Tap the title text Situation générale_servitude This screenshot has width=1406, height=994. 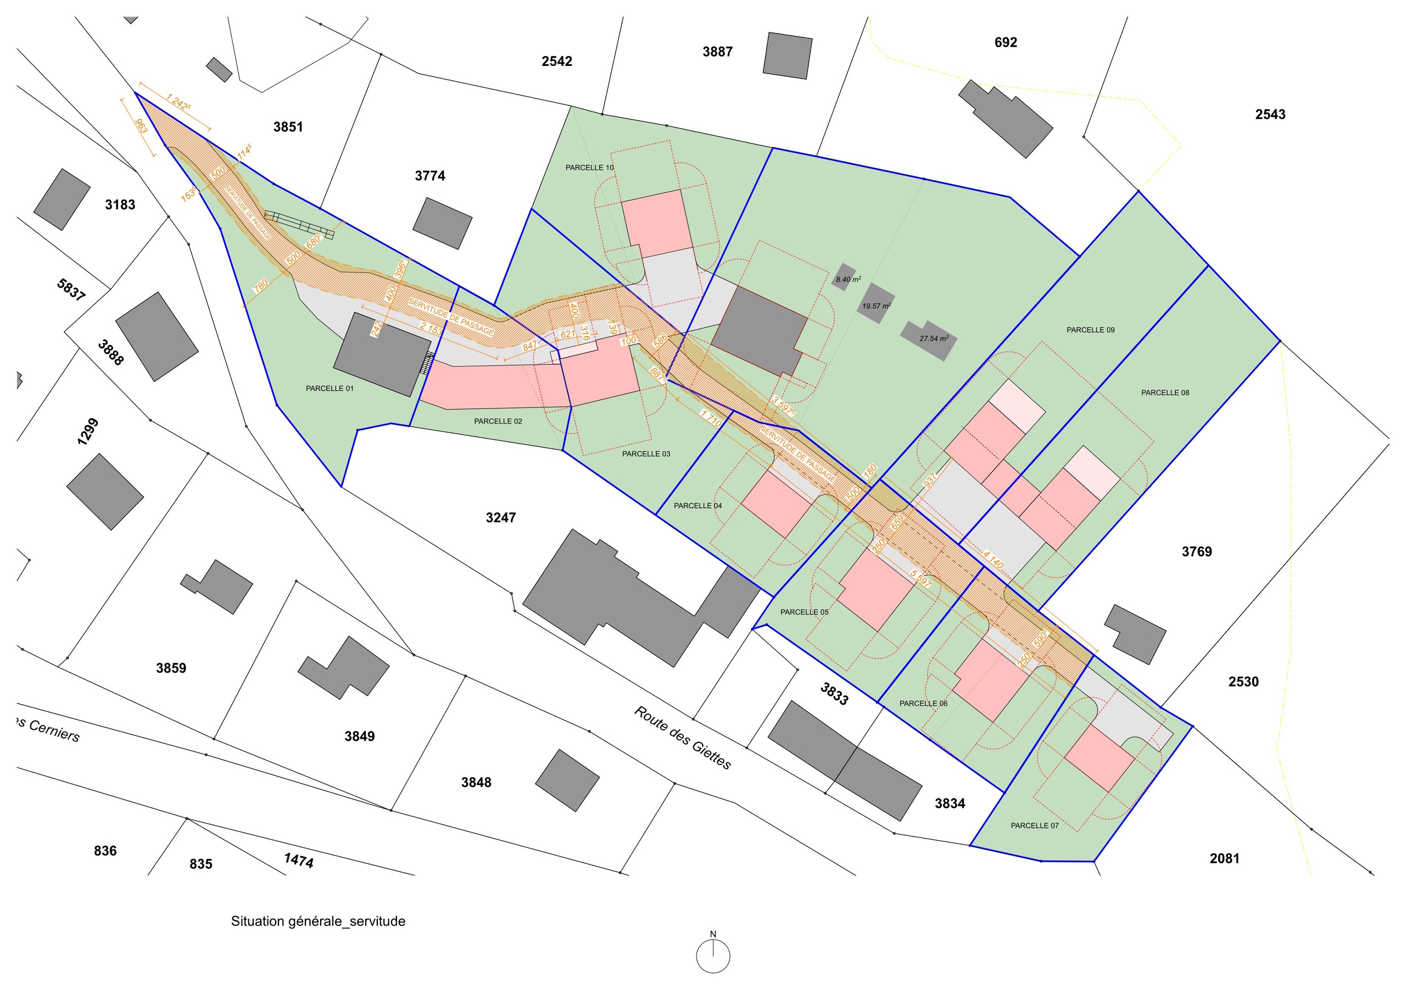pyautogui.click(x=318, y=921)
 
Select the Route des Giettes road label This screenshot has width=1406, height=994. pyautogui.click(x=682, y=738)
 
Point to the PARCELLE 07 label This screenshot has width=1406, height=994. pyautogui.click(x=1034, y=825)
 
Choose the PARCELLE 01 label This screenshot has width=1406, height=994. pyautogui.click(x=330, y=388)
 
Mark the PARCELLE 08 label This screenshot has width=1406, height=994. pyautogui.click(x=1165, y=393)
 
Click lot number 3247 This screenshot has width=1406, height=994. pyautogui.click(x=500, y=517)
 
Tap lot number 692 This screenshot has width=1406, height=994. pyautogui.click(x=1006, y=42)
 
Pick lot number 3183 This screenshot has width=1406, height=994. pyautogui.click(x=120, y=204)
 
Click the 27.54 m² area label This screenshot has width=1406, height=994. pyautogui.click(x=934, y=339)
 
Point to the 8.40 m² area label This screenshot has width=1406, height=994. pyautogui.click(x=848, y=280)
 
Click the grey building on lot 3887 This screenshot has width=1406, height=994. pyautogui.click(x=788, y=55)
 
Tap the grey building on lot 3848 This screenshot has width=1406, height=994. pyautogui.click(x=567, y=780)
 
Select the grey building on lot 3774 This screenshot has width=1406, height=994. pyautogui.click(x=442, y=223)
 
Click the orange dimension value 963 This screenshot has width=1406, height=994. pyautogui.click(x=141, y=126)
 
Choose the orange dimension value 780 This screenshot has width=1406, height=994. pyautogui.click(x=260, y=286)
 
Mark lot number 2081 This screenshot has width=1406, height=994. pyautogui.click(x=1224, y=859)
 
